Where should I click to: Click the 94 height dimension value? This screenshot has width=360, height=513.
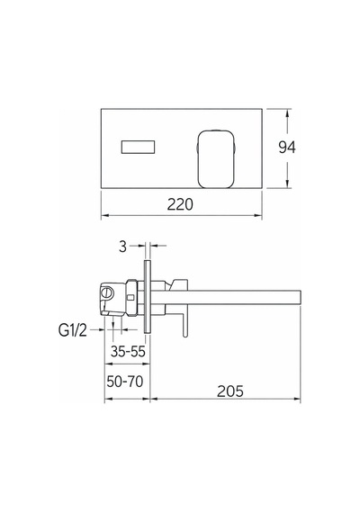coord(287,148)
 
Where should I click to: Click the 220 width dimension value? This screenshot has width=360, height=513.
coord(180,204)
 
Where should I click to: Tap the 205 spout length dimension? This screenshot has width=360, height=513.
coord(230,391)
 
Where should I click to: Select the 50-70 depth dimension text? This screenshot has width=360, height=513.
coord(125,382)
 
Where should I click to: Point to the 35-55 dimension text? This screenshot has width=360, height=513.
coord(128,351)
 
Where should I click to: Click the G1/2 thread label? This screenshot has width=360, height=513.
coord(73,330)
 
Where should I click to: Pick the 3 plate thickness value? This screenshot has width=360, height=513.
coord(122,247)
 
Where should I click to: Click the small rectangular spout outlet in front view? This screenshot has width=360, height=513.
coord(138,147)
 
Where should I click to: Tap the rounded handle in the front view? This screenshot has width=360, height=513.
coord(216,159)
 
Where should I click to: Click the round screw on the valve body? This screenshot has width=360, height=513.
coord(107,292)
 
